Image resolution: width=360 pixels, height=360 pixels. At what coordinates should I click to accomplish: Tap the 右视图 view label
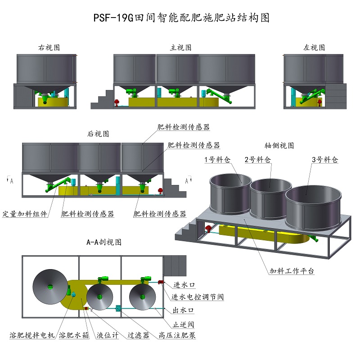pos(49,47)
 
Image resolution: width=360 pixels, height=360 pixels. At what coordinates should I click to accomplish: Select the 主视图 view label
pos(180,47)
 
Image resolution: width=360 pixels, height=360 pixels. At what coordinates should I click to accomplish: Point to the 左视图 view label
pos(314,47)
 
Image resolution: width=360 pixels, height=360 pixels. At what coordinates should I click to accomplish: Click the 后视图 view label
pos(98,134)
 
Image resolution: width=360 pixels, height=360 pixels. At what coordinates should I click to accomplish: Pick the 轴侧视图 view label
pos(279,146)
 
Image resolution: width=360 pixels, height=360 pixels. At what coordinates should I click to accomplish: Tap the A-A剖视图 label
pos(104,242)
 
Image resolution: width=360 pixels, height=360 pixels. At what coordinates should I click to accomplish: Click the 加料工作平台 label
pos(292,271)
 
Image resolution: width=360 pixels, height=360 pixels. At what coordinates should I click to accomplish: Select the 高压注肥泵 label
pos(177,335)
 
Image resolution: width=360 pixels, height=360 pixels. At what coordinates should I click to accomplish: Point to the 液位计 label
pos(107,335)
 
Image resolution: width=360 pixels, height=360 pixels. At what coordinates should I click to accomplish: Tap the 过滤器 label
pos(138,335)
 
